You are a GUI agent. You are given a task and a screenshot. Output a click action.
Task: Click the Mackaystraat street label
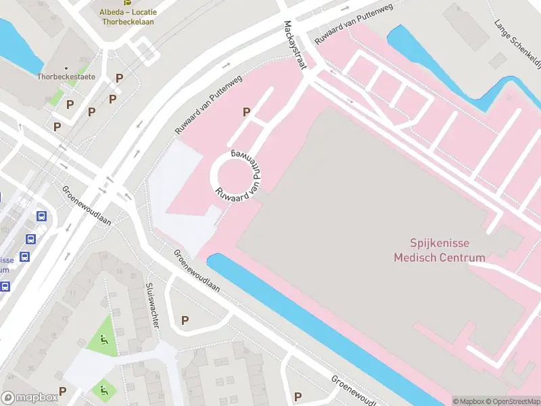coord(296,45)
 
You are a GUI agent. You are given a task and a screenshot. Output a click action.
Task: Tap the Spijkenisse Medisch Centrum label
coord(440,250)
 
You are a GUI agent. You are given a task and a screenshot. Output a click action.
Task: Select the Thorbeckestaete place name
coord(66,77)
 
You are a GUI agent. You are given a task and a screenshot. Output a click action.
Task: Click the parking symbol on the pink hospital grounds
coord(247,112)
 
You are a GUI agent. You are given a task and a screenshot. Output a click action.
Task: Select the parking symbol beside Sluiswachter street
coord(185,320)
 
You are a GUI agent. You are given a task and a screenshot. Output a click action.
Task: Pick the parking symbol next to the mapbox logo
coord(62,390)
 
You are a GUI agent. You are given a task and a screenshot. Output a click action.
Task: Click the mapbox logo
coord(30,397)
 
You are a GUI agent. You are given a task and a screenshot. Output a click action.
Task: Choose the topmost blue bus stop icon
coord(41,217)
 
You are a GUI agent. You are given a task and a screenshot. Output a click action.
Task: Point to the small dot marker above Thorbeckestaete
coord(66,68)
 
